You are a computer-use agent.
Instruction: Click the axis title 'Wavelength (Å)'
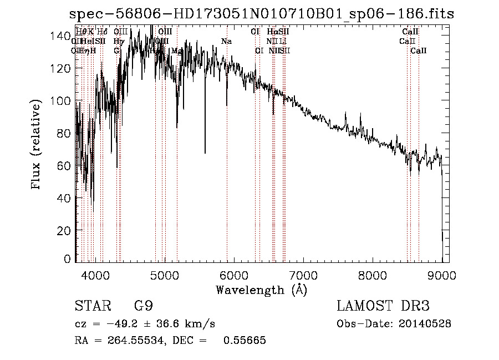coord(261,290)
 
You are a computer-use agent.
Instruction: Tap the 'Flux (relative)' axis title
coord(37,146)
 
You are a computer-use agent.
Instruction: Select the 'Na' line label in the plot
coord(226,42)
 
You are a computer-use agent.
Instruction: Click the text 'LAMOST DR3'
coord(383,306)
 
